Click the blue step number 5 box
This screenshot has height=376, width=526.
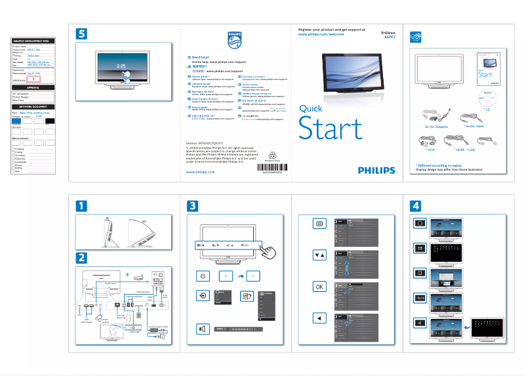pyautogui.click(x=81, y=33)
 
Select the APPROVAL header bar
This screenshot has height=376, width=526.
pyautogui.click(x=33, y=87)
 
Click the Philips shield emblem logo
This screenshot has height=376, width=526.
pyautogui.click(x=234, y=41)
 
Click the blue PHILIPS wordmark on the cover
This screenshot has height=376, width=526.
pyautogui.click(x=376, y=170)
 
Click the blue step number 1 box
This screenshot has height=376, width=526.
pyautogui.click(x=81, y=206)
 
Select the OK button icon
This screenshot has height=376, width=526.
pyautogui.click(x=319, y=286)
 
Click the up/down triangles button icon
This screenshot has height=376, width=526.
pyautogui.click(x=319, y=255)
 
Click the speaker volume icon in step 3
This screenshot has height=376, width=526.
pyautogui.click(x=203, y=329)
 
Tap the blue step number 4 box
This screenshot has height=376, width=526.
pyautogui.click(x=416, y=206)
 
